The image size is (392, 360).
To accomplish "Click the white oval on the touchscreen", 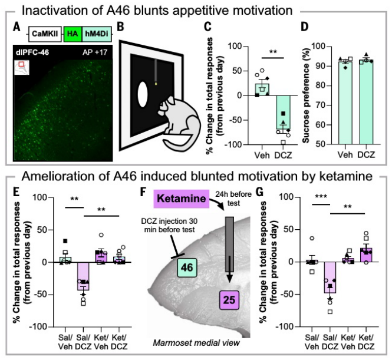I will pos(143,94).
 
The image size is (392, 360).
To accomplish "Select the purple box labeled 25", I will pos(230,300).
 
